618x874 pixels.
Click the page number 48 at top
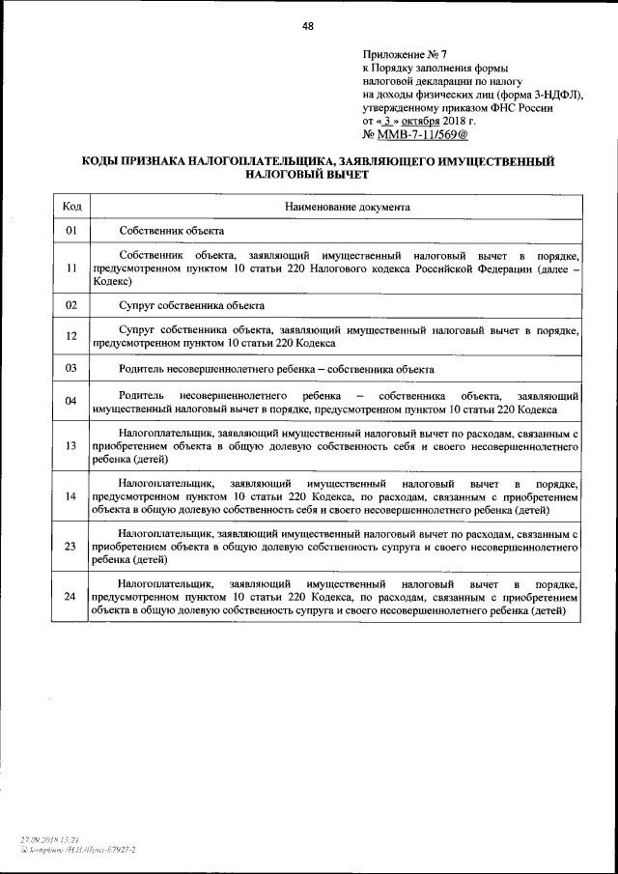308,26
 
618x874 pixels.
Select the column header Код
71,207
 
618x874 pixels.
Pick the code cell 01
71,232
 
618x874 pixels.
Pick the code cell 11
71,268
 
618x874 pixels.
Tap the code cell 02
71,305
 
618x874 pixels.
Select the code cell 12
71,336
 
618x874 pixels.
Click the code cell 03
71,369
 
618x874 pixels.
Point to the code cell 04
71,402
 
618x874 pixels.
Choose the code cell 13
71,446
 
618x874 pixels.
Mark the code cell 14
71,496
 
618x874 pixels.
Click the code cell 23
71,547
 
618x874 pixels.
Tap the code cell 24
71,597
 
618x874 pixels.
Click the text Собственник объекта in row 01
172,232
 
